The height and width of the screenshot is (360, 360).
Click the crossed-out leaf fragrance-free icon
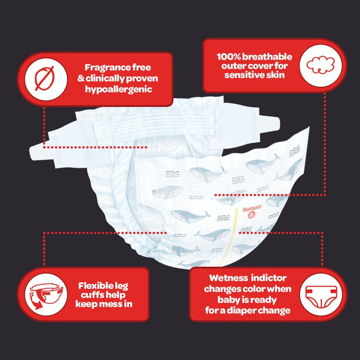pos(45,79)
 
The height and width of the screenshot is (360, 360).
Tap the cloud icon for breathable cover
pos(321,65)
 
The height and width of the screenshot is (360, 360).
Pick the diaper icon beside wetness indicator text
pos(321,297)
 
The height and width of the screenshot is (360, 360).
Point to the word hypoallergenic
pos(119,90)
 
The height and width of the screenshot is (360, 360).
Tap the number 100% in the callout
pos(228,57)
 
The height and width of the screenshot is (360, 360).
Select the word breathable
pos(267,57)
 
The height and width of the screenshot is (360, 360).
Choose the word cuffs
pos(91,295)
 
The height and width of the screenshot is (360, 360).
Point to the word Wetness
pos(228,278)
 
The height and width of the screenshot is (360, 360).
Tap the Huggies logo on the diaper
pos(252,209)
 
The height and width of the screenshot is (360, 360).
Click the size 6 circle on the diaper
pos(252,215)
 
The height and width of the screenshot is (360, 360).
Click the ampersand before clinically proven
pos(81,79)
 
